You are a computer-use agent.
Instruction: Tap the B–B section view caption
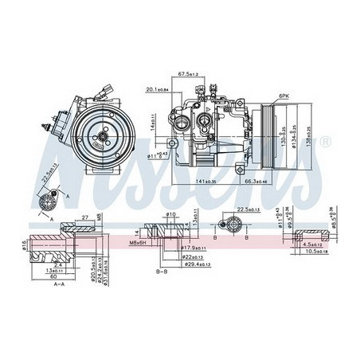click(x=162, y=272)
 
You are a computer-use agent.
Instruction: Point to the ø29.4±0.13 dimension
click(x=192, y=264)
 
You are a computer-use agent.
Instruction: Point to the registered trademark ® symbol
click(x=325, y=142)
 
